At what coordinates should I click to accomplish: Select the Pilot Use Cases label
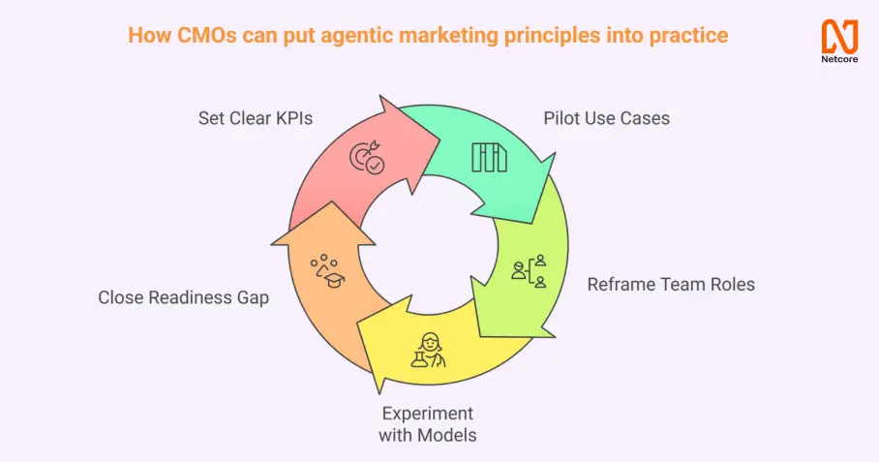pos(607,119)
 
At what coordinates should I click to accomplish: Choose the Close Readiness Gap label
pos(183,298)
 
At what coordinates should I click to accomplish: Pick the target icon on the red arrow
pos(367,158)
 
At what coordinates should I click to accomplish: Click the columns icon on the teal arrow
pos(489,158)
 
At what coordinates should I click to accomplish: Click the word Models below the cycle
pos(446,435)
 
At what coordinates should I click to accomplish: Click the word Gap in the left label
pos(252,298)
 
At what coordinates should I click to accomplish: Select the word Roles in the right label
pos(732,285)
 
